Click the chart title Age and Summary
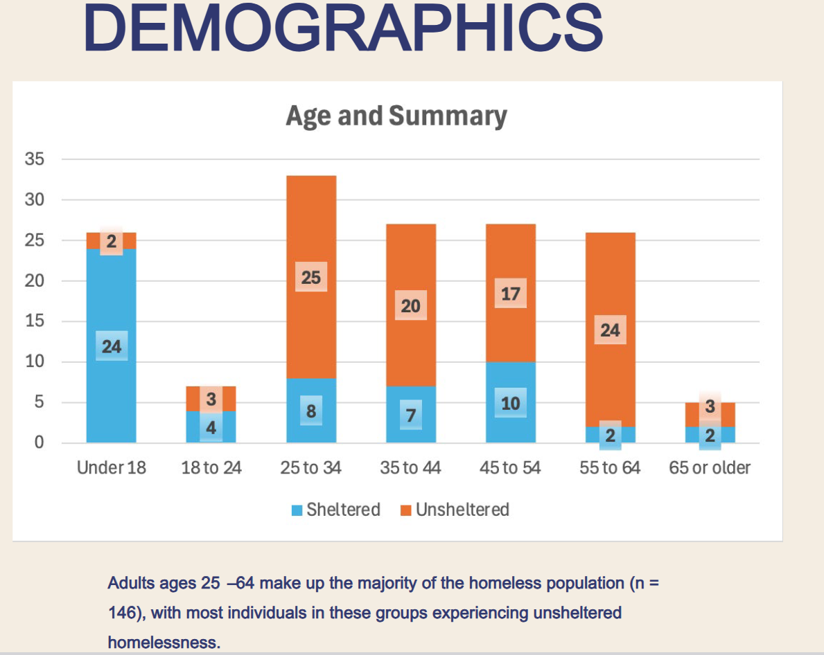click(x=396, y=116)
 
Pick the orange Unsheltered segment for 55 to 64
click(x=610, y=277)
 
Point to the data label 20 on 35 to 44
click(x=411, y=306)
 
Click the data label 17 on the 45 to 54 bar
click(x=511, y=294)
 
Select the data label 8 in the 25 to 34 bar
click(x=311, y=411)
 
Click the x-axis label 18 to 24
click(x=211, y=468)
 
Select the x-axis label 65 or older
click(x=710, y=468)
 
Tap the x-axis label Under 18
click(x=112, y=468)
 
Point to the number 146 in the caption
click(x=122, y=613)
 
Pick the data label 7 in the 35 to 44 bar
click(x=411, y=415)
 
